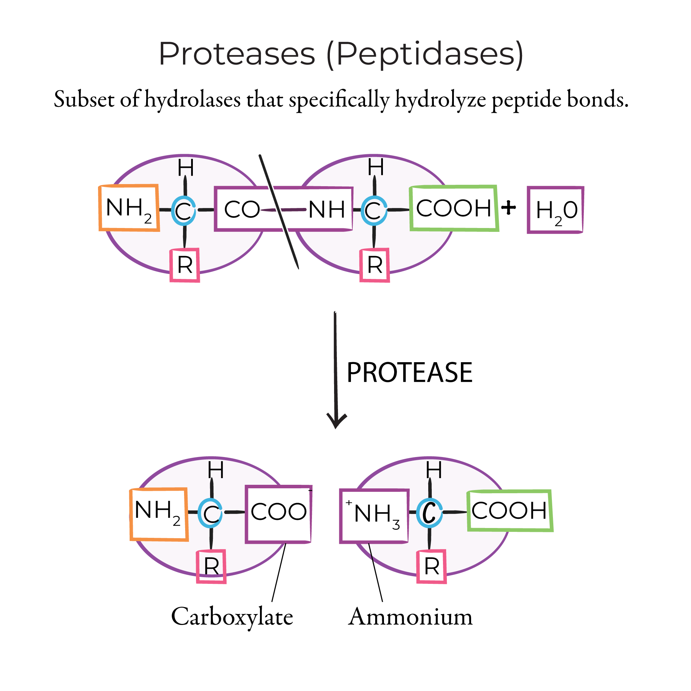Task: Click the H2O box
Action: click(555, 210)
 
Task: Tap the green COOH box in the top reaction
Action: click(454, 208)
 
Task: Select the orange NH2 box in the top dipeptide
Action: click(129, 208)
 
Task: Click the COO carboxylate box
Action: click(278, 514)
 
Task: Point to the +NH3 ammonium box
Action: click(374, 516)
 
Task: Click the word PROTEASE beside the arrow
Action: click(410, 373)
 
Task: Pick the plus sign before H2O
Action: click(509, 208)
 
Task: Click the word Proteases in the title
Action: click(237, 54)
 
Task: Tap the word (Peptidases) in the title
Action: click(425, 54)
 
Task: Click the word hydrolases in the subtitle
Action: click(193, 99)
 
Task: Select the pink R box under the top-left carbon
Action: click(185, 265)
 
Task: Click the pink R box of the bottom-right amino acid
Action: click(432, 567)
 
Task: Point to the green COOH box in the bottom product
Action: click(510, 510)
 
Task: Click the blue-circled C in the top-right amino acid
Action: click(374, 210)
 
